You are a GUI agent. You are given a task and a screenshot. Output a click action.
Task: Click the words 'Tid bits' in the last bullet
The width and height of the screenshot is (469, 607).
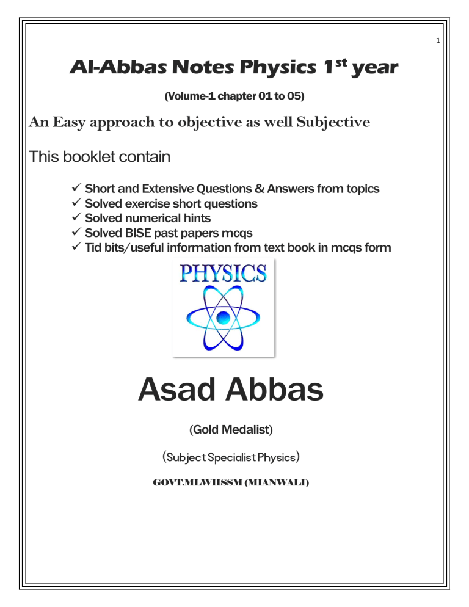105,247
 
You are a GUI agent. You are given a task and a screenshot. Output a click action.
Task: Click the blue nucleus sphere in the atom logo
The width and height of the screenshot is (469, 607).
224,316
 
